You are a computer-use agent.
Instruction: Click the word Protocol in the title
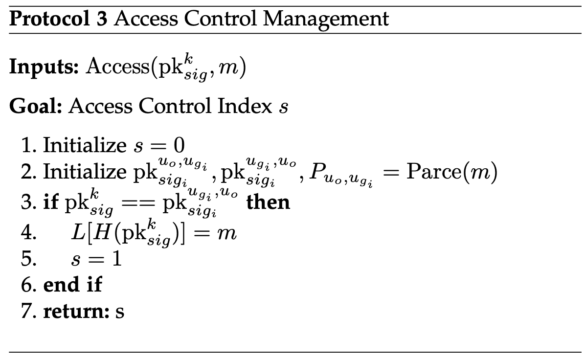click(x=49, y=19)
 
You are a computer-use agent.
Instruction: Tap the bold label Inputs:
click(x=44, y=67)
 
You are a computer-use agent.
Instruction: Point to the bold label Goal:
click(x=35, y=106)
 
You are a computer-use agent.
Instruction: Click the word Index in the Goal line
click(x=245, y=106)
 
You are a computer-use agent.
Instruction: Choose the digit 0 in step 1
click(x=179, y=145)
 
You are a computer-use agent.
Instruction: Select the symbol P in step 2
click(x=316, y=172)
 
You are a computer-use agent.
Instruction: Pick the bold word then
click(x=268, y=202)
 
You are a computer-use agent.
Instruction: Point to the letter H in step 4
click(x=101, y=233)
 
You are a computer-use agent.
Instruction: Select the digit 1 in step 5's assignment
click(x=117, y=258)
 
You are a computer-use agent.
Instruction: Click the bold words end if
click(x=72, y=284)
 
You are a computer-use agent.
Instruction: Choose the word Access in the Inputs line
click(x=117, y=67)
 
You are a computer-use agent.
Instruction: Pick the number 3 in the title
click(x=102, y=19)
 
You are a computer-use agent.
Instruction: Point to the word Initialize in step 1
click(x=85, y=145)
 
